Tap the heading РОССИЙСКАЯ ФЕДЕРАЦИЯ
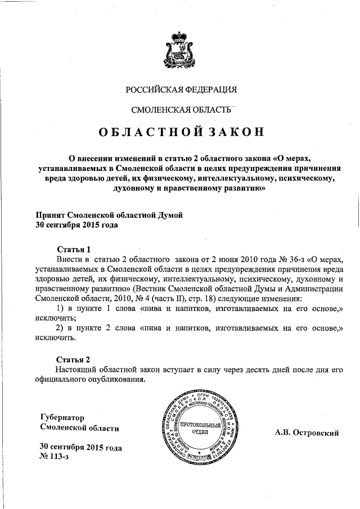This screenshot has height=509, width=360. coord(181,89)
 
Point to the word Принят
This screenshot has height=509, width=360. coord(51,215)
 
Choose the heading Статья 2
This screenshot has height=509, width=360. coord(74,358)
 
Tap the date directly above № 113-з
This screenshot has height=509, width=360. coord(80,448)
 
